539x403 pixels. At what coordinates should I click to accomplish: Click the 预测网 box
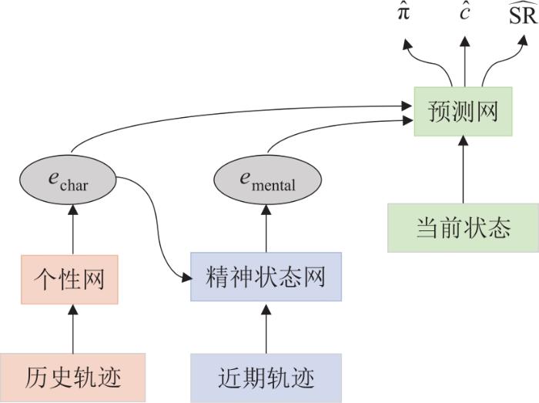click(463, 112)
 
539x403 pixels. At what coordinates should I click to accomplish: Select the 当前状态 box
click(463, 228)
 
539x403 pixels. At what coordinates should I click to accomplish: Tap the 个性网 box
click(69, 280)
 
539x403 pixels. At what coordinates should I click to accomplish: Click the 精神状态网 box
click(266, 277)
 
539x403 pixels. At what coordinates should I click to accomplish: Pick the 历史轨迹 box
click(72, 378)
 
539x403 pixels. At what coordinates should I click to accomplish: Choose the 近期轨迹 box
click(266, 378)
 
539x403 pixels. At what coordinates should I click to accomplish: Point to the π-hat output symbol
click(403, 14)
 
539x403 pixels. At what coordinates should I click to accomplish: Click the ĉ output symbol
click(465, 14)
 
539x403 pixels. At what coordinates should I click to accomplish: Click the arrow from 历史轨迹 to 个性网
click(73, 329)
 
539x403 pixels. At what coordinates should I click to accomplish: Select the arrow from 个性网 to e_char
click(73, 230)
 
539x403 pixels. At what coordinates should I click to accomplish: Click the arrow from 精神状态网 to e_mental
click(266, 228)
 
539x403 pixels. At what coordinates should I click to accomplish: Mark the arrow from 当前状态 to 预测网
click(463, 170)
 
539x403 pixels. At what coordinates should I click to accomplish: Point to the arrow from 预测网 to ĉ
click(465, 62)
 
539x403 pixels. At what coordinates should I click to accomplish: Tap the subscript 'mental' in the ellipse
click(273, 185)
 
